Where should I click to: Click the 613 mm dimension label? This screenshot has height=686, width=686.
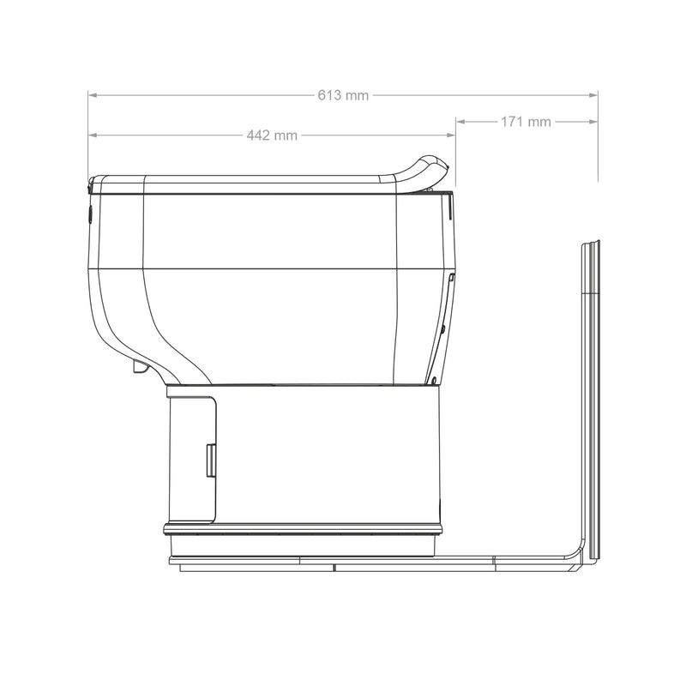tap(343, 95)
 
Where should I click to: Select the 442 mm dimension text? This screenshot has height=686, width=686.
tap(272, 135)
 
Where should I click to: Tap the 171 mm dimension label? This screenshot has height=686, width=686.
tap(526, 122)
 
